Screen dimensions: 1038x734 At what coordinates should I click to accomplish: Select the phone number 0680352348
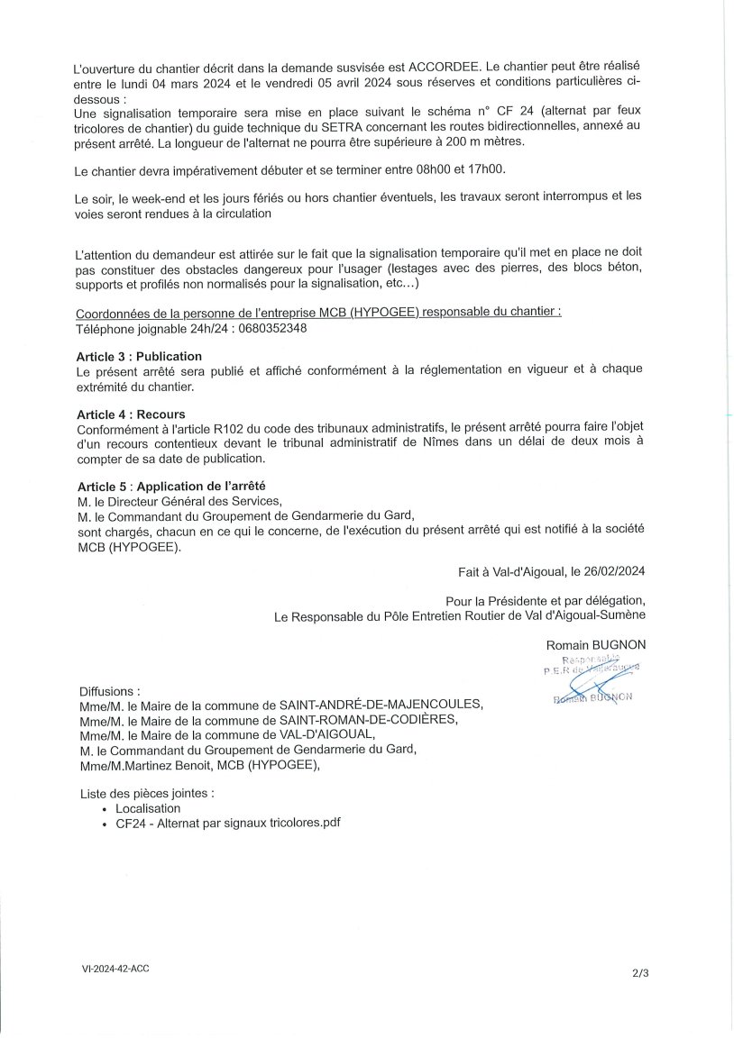(270, 329)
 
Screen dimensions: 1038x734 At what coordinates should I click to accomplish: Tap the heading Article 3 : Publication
(140, 356)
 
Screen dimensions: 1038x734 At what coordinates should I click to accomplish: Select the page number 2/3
(641, 972)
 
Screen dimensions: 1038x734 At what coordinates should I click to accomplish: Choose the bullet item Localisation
(148, 808)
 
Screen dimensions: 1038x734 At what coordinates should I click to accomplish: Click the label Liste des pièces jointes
(147, 793)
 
